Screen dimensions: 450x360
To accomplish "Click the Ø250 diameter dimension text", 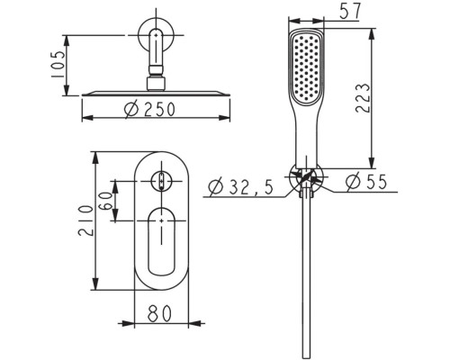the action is pyautogui.click(x=149, y=109).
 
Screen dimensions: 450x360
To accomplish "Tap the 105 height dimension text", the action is pyautogui.click(x=58, y=65).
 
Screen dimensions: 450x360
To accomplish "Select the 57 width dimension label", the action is pyautogui.click(x=350, y=12).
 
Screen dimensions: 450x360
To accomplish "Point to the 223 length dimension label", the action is pyautogui.click(x=363, y=98).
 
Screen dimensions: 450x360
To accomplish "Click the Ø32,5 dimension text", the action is pyautogui.click(x=240, y=187).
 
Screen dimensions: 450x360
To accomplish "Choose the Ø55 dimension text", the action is pyautogui.click(x=366, y=182).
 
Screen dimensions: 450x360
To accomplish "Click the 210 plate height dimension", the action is pyautogui.click(x=85, y=220).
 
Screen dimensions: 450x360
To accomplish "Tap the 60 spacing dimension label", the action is pyautogui.click(x=106, y=201).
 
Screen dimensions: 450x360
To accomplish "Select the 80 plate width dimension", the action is pyautogui.click(x=160, y=313).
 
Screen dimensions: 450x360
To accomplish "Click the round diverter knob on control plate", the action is pyautogui.click(x=162, y=181).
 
